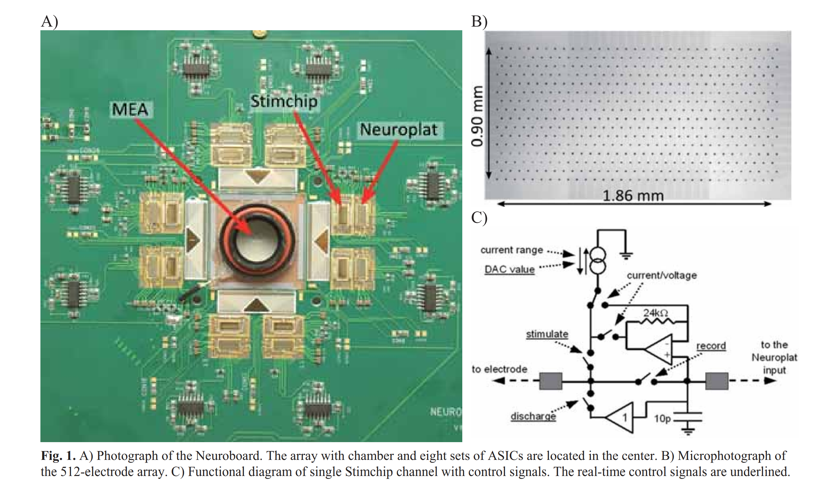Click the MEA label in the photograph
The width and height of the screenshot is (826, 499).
point(130,109)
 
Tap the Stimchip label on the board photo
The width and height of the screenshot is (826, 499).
point(284,101)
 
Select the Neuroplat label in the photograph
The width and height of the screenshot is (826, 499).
point(399,130)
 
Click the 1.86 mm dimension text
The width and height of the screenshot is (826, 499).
point(633,196)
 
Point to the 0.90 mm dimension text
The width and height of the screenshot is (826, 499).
point(477,116)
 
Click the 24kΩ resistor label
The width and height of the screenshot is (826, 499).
point(655,313)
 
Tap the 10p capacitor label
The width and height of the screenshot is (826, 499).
point(662,418)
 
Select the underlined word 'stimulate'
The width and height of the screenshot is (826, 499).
point(547,334)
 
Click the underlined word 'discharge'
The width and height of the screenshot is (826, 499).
point(533,416)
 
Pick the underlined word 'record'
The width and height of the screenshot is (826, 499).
point(711,346)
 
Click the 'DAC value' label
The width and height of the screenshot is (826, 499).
point(510,269)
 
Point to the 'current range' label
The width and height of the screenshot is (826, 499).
point(512,250)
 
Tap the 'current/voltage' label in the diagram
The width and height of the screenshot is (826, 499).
point(662,275)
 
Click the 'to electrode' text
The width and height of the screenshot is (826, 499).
point(499,369)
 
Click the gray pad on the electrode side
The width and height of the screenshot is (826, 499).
point(550,381)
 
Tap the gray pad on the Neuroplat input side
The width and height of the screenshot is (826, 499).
point(717,381)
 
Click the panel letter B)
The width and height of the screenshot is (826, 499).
point(479,21)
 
